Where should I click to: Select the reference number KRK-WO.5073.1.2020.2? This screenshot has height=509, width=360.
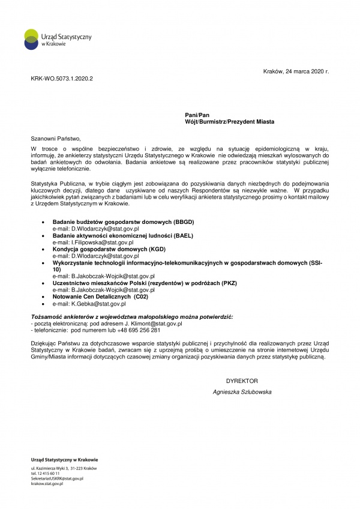point(62,79)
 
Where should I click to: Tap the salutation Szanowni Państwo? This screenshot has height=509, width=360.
point(55,137)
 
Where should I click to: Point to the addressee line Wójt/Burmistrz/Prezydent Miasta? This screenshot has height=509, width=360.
point(230,121)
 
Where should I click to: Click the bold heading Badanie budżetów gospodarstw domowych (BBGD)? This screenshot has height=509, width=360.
point(123,223)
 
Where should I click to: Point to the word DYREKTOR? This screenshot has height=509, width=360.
point(242,381)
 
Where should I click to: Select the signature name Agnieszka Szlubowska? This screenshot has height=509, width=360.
point(242,392)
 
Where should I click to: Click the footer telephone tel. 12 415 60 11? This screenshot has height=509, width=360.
point(45,474)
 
